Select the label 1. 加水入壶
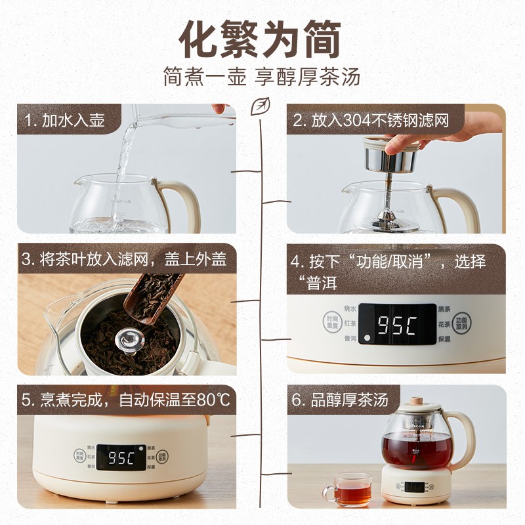[64, 121]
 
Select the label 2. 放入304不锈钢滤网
[371, 121]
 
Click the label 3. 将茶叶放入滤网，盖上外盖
[124, 259]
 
